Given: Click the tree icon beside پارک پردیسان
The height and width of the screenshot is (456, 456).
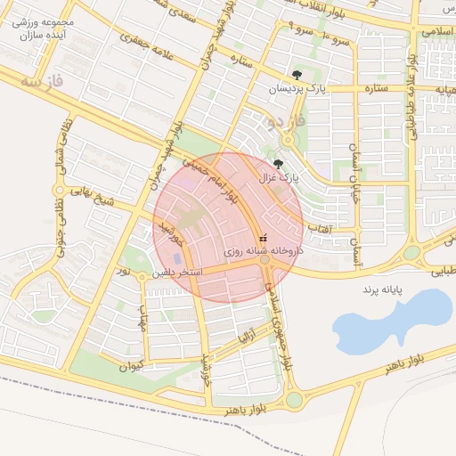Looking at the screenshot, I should pyautogui.click(x=297, y=76).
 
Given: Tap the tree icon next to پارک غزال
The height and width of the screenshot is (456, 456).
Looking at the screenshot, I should pyautogui.click(x=278, y=164).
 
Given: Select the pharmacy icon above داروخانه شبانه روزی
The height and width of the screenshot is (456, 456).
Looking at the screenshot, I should pyautogui.click(x=262, y=239).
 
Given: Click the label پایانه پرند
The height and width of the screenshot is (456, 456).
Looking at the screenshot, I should pyautogui.click(x=383, y=290).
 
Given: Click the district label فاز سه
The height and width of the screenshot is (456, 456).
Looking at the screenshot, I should pyautogui.click(x=44, y=83).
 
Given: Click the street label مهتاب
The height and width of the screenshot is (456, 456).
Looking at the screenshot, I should pyautogui.click(x=142, y=316).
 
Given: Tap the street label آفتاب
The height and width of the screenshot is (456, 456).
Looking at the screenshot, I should pyautogui.click(x=318, y=229).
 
